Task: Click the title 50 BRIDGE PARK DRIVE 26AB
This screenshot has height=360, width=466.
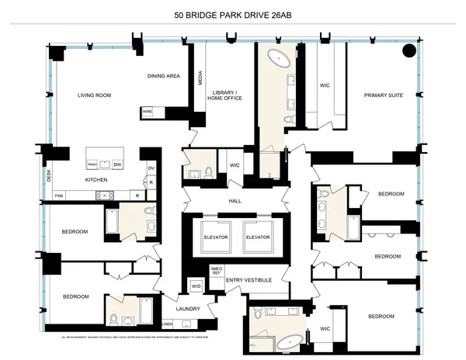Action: point(233,15)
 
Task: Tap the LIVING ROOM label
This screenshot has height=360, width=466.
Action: point(95,95)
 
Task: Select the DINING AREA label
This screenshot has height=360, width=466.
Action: point(165,76)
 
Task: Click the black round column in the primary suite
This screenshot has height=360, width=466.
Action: point(409,52)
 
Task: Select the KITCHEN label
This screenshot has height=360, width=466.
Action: point(96,180)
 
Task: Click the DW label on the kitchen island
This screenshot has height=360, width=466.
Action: point(117,165)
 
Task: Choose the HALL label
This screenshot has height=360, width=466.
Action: point(235,200)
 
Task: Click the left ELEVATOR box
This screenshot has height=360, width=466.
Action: point(214,237)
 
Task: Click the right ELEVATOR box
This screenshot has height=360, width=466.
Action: point(256,237)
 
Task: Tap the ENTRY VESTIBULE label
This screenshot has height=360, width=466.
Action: point(249,279)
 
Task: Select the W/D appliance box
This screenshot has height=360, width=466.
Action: point(196,286)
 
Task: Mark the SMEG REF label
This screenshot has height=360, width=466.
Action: point(217,272)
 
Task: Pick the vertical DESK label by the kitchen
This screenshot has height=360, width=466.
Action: point(48,176)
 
